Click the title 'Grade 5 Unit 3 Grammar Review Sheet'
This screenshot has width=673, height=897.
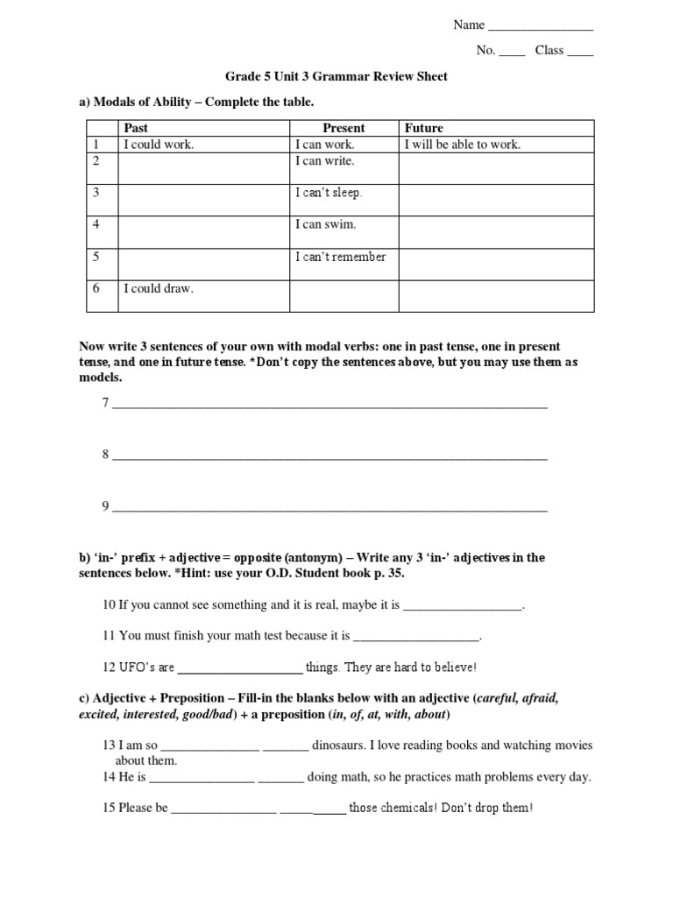pos(336,76)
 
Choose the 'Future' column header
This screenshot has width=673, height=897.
pos(423,128)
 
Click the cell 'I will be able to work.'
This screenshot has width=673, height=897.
pos(462,145)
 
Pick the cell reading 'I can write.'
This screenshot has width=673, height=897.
pos(324,161)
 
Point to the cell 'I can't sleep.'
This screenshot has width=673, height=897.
pos(328,193)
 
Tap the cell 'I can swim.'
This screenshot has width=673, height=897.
pos(325,224)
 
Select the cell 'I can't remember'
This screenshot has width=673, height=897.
pos(340,257)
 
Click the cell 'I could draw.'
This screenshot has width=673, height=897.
pos(158,288)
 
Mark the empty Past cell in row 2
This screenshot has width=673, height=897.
pos(203,168)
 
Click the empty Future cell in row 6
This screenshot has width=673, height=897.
pos(496,295)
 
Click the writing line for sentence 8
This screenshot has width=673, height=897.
pos(329,456)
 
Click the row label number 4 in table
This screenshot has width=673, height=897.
pos(97,224)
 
